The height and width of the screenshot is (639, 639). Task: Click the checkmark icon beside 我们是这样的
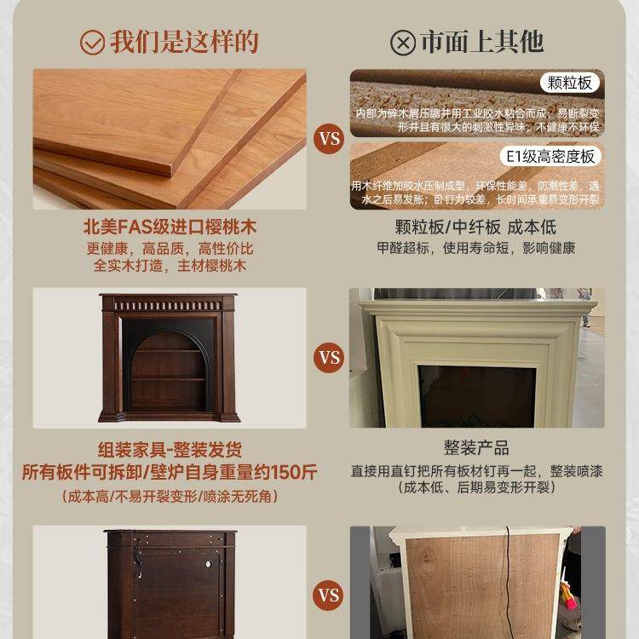click(92, 42)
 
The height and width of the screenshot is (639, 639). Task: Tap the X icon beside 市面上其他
click(402, 43)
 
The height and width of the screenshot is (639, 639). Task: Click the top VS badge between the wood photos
click(329, 139)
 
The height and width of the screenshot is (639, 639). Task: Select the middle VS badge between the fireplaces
click(329, 357)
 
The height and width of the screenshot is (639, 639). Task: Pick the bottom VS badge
click(329, 595)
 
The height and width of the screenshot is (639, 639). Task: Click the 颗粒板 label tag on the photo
click(570, 83)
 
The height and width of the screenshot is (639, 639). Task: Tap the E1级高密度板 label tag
click(550, 156)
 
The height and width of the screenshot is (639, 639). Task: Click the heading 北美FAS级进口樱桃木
click(170, 228)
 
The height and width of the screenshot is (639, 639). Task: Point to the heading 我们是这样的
click(184, 42)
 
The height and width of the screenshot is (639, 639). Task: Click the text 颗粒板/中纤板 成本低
click(475, 228)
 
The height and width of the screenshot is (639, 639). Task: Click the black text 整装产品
click(475, 448)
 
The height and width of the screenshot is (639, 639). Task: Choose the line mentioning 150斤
click(170, 472)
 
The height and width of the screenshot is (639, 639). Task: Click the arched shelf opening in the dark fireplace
click(170, 366)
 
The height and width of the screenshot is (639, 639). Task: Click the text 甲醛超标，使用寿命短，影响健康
click(475, 248)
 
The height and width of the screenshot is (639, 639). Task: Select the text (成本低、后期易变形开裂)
click(475, 488)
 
